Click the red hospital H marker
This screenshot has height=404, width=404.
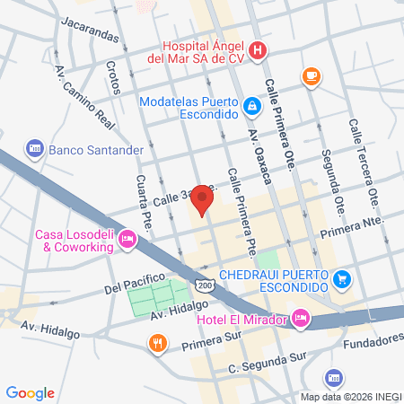[258, 49]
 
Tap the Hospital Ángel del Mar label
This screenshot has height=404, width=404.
[203, 56]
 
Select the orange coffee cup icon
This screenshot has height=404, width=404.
[312, 76]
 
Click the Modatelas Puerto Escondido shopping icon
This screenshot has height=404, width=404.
[253, 109]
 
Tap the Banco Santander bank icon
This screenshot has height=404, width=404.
[35, 147]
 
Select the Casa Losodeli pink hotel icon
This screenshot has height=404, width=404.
[127, 239]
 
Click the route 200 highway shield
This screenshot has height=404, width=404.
[206, 285]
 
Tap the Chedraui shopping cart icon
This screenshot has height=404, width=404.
[340, 279]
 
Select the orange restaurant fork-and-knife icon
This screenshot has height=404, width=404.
[158, 342]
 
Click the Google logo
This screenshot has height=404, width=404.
[31, 392]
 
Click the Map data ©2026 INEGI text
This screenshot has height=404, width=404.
[350, 397]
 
